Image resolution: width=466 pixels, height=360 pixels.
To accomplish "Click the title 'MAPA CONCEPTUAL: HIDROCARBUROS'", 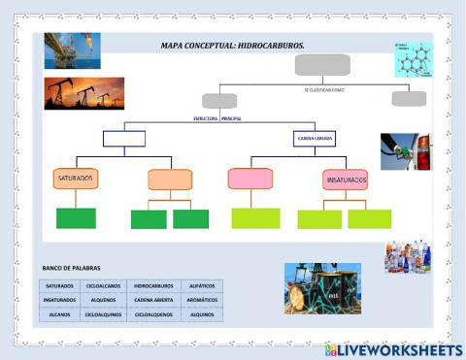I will point(232,46).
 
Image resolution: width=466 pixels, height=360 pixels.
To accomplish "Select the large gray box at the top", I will point(321,65).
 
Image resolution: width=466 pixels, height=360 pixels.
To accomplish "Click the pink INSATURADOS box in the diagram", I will point(346,180).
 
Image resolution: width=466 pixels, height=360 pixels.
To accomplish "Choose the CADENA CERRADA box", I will point(314,139).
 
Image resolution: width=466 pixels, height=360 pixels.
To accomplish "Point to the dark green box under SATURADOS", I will point(76,218).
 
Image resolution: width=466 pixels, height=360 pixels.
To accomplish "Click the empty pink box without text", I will point(250,179).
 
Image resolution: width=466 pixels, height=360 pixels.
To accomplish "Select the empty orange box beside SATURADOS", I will point(171,180).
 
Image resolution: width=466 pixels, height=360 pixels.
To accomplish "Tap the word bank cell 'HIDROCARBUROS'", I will point(153,286).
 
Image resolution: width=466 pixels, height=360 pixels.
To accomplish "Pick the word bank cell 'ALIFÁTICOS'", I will point(201,286).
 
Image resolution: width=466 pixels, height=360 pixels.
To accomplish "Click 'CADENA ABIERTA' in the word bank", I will point(153,301).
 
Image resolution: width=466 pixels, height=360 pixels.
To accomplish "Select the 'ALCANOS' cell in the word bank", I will point(59,315).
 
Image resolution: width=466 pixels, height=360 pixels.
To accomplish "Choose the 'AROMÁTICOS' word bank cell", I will point(201,301).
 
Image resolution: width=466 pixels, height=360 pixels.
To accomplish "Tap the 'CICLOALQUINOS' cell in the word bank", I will point(105,315).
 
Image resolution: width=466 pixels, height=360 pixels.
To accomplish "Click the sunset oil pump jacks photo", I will point(84,93).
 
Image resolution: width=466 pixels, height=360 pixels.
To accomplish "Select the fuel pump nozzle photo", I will point(405,152).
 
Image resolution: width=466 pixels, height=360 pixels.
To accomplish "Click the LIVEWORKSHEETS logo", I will point(393,348).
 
